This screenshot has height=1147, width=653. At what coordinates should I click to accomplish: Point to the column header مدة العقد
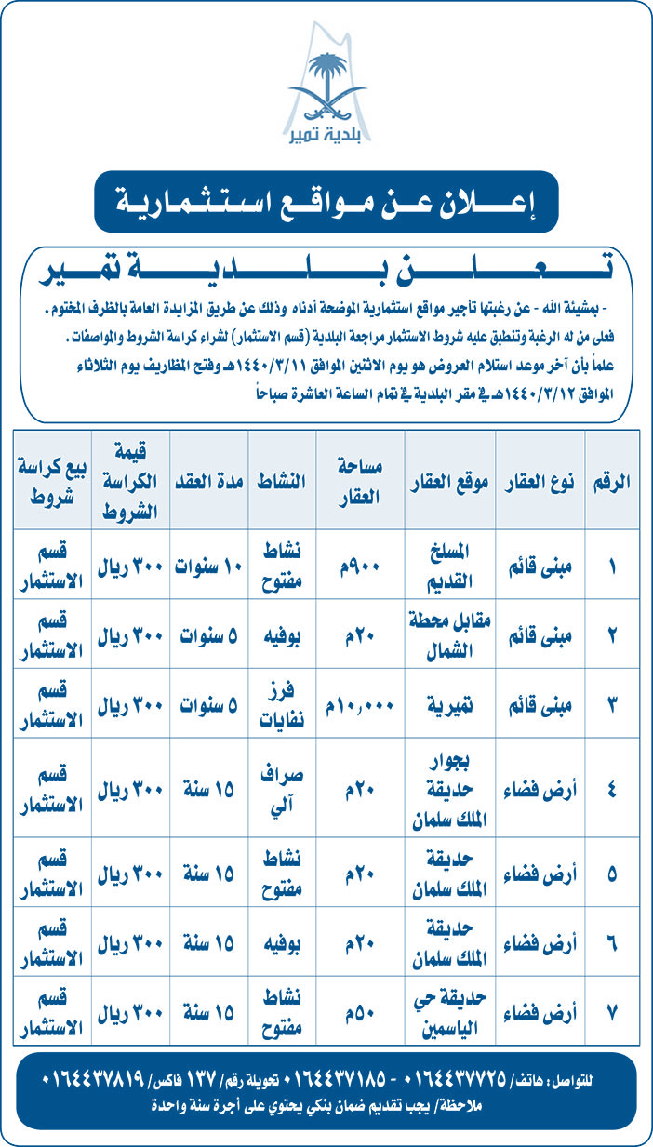[211, 481]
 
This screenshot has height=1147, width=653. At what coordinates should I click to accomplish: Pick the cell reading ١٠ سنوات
[211, 566]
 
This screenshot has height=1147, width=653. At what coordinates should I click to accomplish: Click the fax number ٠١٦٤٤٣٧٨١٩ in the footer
[93, 1078]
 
